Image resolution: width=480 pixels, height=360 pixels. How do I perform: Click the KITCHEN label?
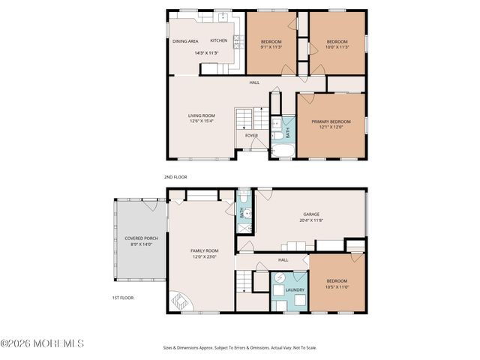[218, 40]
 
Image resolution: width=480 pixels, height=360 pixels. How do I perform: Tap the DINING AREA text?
[185, 40]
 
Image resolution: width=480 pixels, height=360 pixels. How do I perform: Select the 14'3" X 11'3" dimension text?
[205, 53]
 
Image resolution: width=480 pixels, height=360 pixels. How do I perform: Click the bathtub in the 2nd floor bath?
[283, 154]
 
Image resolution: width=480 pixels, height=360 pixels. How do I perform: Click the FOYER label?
[251, 136]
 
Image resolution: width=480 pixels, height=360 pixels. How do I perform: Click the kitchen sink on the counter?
[223, 16]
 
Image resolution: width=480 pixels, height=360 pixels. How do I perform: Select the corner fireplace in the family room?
[181, 301]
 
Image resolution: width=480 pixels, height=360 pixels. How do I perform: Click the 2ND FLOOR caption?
[175, 177]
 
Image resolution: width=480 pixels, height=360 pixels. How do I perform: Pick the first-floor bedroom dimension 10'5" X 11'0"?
[337, 287]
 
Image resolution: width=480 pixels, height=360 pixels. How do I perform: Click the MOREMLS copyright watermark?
[42, 344]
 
